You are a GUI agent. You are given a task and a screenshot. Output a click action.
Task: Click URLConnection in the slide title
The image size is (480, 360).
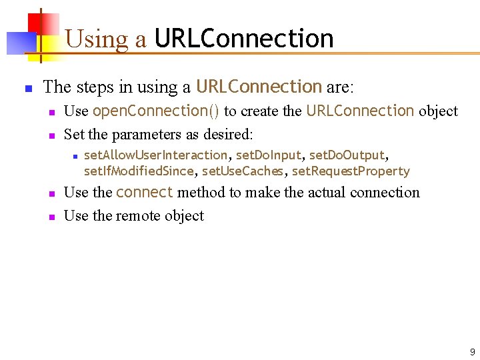click(x=243, y=39)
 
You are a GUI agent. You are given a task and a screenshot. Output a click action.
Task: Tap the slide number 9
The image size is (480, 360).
click(x=472, y=351)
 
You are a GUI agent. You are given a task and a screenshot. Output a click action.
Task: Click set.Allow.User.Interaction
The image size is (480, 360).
click(x=155, y=155)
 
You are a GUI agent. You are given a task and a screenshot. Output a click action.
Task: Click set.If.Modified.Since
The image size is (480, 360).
click(x=139, y=171)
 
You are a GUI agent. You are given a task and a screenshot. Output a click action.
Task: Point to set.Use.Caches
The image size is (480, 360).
click(x=242, y=171)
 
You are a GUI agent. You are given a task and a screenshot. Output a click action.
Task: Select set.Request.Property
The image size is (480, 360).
click(x=351, y=171)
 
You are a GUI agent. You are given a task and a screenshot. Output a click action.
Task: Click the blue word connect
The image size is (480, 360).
click(x=144, y=193)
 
